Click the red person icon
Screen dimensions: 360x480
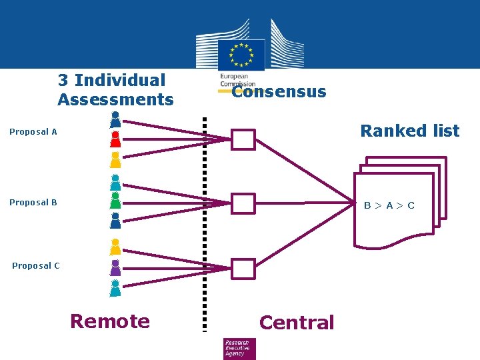[x=115, y=139]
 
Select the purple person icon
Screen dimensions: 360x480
[x=115, y=268]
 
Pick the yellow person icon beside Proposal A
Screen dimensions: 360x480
[x=115, y=160]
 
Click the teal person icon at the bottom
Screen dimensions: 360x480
[x=115, y=288]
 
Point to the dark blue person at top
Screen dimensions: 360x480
[x=115, y=119]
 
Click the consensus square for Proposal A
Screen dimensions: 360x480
[x=244, y=140]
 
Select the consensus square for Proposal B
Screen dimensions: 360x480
[x=244, y=203]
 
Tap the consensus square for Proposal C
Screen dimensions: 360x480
[x=244, y=268]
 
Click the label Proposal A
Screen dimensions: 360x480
[x=33, y=132]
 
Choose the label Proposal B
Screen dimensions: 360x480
[x=33, y=203]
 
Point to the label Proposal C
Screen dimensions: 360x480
[x=36, y=266]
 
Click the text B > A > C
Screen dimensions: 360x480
[x=389, y=205]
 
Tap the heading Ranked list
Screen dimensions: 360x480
[x=409, y=131]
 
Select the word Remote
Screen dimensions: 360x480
[x=110, y=321]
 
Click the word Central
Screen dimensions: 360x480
[x=296, y=323]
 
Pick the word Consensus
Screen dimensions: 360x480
[x=279, y=92]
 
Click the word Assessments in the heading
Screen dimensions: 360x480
[x=115, y=100]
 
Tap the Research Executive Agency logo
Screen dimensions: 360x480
[x=239, y=348]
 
